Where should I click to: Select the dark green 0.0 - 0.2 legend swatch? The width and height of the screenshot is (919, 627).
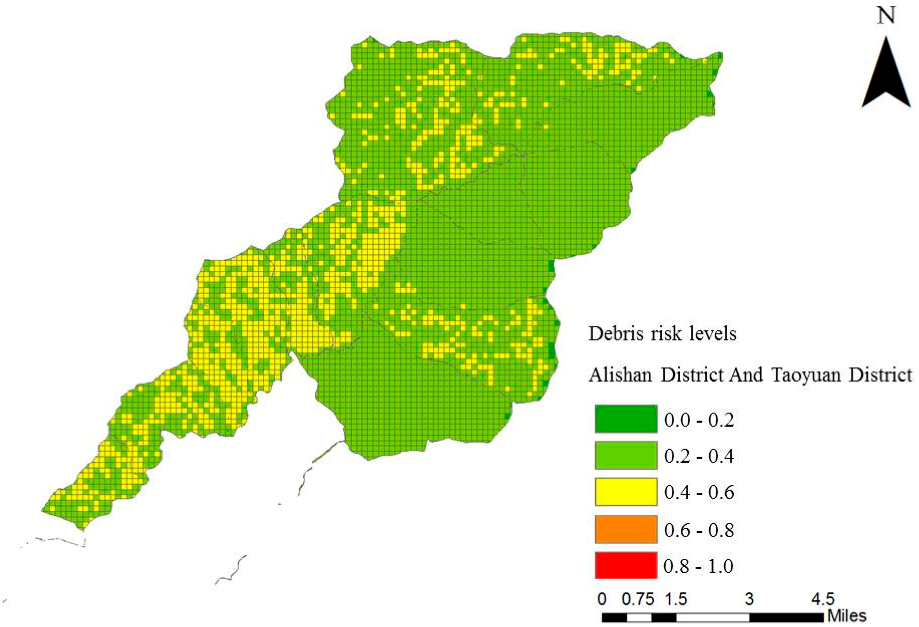point(626,419)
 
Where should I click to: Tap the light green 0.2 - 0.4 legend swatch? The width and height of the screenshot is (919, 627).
point(626,455)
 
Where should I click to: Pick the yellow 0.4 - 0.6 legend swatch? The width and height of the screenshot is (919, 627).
point(626,492)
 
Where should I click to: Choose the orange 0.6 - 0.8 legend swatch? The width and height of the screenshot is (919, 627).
point(626,529)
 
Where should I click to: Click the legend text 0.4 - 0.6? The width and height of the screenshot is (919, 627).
point(699,492)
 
